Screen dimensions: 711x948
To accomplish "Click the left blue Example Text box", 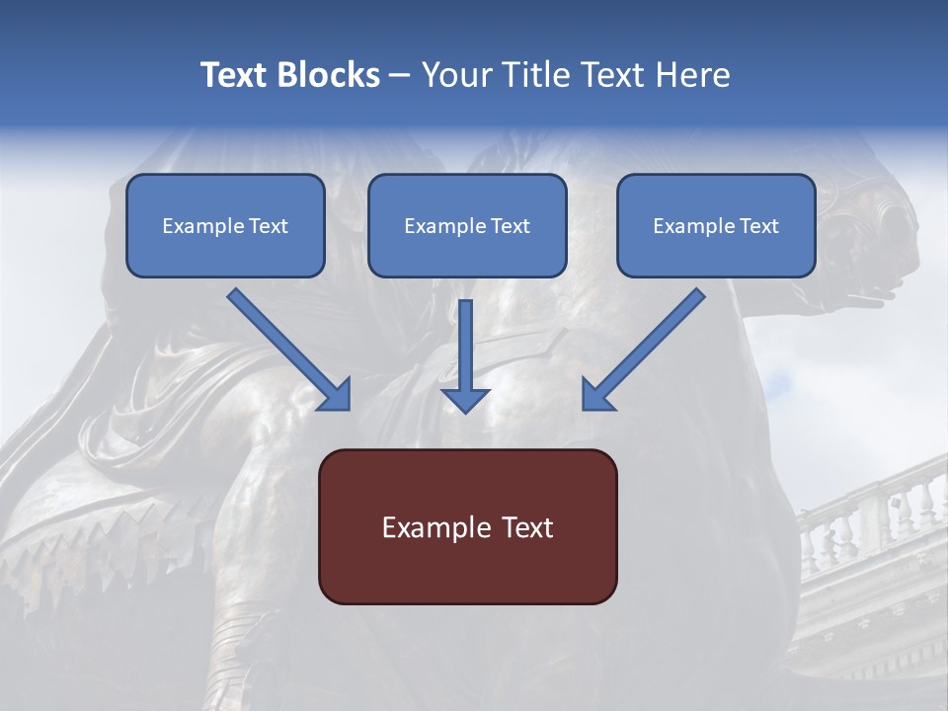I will click(x=225, y=225).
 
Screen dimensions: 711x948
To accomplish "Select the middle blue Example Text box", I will click(x=467, y=225).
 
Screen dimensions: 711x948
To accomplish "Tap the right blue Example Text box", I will click(x=716, y=225).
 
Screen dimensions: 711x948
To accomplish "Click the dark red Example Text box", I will click(x=467, y=526).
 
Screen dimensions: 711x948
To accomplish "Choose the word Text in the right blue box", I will click(x=758, y=226).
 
